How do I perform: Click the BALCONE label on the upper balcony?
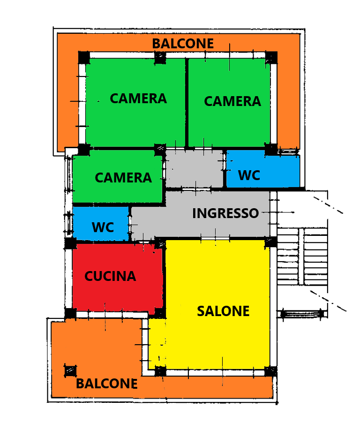pyautogui.click(x=183, y=44)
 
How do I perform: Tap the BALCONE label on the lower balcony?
pyautogui.click(x=106, y=384)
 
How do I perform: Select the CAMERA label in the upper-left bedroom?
pyautogui.click(x=138, y=99)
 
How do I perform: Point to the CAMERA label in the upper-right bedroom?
pyautogui.click(x=232, y=101)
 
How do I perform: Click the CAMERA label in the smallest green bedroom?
pyautogui.click(x=123, y=178)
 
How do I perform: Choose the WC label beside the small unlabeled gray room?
pyautogui.click(x=249, y=175)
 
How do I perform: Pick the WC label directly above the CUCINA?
pyautogui.click(x=103, y=227)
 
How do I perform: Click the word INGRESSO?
pyautogui.click(x=225, y=213)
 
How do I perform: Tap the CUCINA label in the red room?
pyautogui.click(x=110, y=277)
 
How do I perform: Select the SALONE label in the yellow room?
pyautogui.click(x=223, y=311)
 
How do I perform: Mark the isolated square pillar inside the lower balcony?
pyautogui.click(x=70, y=370)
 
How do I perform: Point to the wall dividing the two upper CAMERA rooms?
pyautogui.click(x=187, y=102)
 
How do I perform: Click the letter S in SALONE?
pyautogui.click(x=201, y=311)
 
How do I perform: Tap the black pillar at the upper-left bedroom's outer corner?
pyautogui.click(x=83, y=58)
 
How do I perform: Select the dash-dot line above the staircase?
pyautogui.click(x=328, y=205)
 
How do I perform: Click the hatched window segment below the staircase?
pyautogui.click(x=302, y=314)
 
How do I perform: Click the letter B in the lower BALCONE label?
pyautogui.click(x=80, y=384)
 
